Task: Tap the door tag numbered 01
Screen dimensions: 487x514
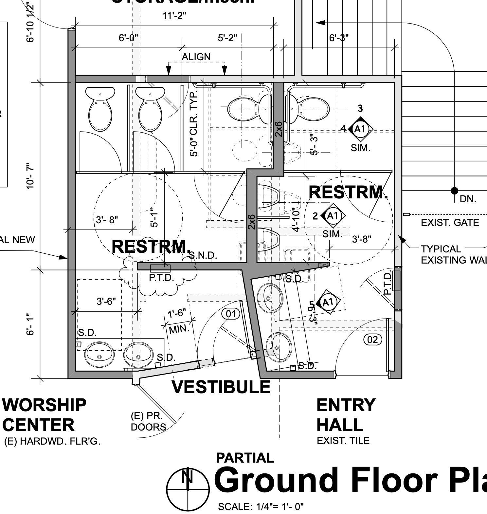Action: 231,314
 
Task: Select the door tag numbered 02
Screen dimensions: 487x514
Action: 373,340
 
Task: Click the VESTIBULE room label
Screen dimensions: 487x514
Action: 221,387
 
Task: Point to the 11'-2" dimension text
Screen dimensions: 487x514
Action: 174,16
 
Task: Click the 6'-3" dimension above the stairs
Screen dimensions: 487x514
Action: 339,38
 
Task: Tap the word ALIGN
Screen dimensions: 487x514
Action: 196,57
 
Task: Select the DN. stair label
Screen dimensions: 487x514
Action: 468,199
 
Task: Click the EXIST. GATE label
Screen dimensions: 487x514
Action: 450,223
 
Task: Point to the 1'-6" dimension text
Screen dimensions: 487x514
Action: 177,314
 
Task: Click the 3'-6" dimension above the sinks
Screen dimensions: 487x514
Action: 106,301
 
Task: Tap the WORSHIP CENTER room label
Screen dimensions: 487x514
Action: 44,415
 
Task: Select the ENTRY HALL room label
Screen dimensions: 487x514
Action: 345,415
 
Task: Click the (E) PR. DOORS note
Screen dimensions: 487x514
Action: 148,421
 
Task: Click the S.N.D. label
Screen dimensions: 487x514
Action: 203,255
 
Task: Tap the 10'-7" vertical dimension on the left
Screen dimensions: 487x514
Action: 30,176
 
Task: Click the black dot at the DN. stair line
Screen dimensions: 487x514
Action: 454,191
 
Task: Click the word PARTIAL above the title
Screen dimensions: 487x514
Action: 245,458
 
